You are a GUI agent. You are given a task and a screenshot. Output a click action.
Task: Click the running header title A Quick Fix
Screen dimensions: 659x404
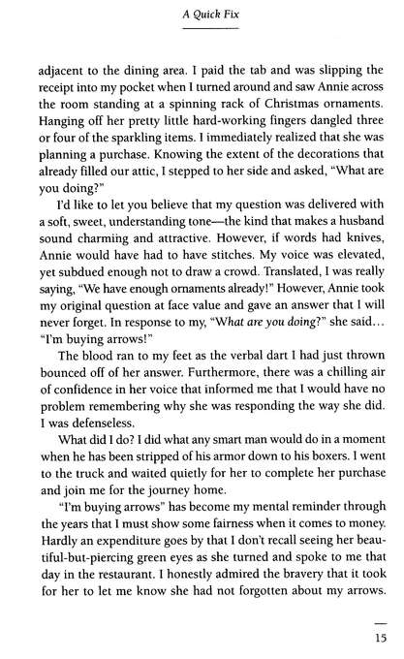click(x=202, y=15)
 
